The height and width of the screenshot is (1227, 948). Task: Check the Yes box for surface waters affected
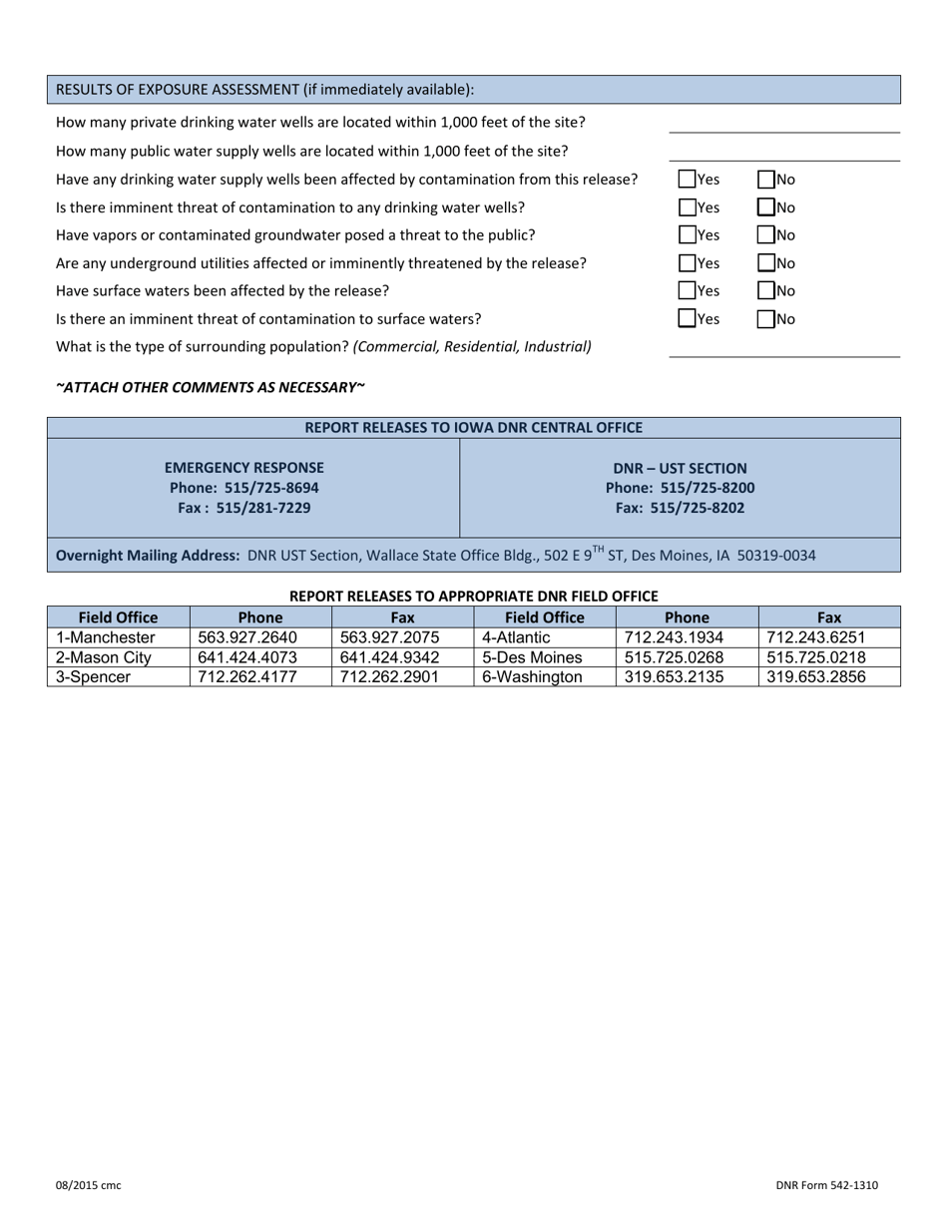(x=688, y=291)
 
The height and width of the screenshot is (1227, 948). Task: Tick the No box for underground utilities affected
(x=765, y=263)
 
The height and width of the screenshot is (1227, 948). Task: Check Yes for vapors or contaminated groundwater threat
(x=688, y=235)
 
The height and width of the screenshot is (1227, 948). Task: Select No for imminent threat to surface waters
(x=765, y=319)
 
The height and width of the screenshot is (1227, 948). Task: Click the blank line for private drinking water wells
(x=783, y=124)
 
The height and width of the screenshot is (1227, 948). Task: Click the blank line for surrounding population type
(x=783, y=347)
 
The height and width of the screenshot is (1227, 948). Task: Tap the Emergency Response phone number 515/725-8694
(x=243, y=488)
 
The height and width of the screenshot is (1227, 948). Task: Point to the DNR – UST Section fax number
(x=680, y=508)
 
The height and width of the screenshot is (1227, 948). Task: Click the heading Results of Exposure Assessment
(x=264, y=90)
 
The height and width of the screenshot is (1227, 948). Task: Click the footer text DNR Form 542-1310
(x=827, y=1185)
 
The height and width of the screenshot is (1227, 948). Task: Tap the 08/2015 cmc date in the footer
(x=88, y=1185)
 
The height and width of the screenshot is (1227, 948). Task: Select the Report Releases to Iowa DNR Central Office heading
(x=473, y=428)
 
